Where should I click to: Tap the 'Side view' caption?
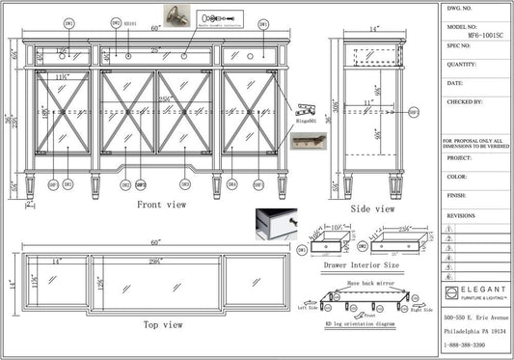click(x=373, y=208)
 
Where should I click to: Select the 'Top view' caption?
click(x=163, y=324)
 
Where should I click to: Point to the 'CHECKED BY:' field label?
click(x=464, y=100)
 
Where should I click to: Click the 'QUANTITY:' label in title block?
click(x=463, y=65)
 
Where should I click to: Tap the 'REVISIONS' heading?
click(x=461, y=217)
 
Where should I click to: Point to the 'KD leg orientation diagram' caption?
click(x=362, y=326)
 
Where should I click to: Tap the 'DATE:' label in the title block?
click(x=455, y=83)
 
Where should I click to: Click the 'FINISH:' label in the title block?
click(x=457, y=195)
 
